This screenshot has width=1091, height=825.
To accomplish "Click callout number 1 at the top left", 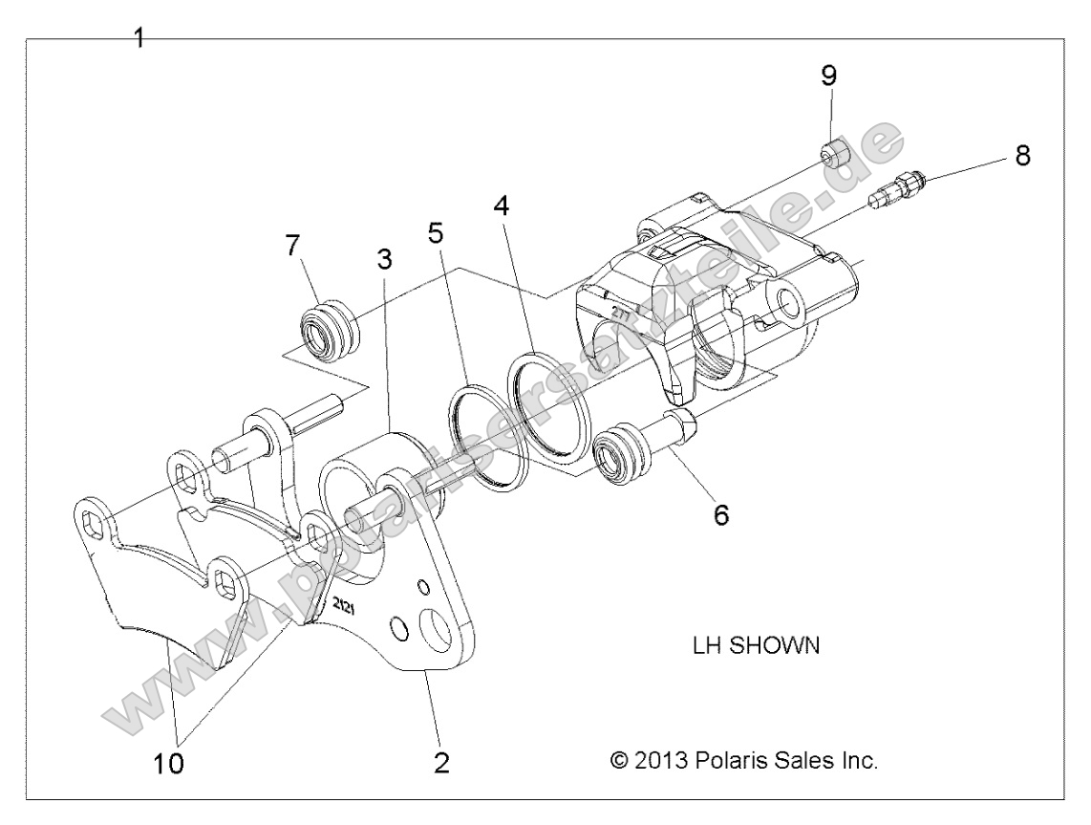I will click(x=139, y=39).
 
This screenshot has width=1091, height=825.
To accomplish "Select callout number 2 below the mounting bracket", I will click(x=440, y=763).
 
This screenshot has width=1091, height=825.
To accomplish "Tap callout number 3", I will click(x=384, y=259).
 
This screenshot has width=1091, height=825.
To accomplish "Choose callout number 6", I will click(x=720, y=514).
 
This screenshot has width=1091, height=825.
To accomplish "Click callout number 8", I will click(x=1022, y=156).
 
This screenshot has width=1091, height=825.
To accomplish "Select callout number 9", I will click(x=829, y=74).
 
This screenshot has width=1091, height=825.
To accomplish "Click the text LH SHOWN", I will click(x=755, y=645).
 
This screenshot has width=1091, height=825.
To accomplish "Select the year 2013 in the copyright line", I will click(x=667, y=762).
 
